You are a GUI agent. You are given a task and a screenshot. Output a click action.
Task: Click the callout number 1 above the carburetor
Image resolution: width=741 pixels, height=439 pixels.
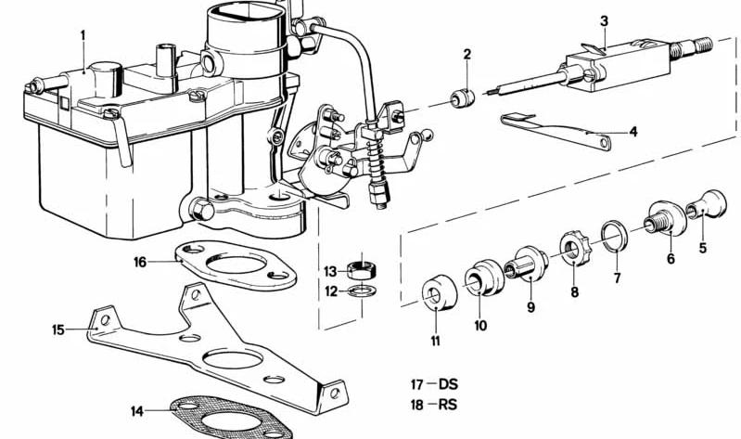[x=83, y=36]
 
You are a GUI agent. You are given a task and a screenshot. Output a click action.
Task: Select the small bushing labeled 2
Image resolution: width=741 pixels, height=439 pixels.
[x=462, y=98]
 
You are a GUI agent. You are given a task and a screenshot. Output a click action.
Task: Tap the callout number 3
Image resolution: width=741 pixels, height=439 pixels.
[x=604, y=21]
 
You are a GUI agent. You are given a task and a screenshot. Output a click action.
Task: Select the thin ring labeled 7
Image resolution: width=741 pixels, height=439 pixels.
[x=614, y=236]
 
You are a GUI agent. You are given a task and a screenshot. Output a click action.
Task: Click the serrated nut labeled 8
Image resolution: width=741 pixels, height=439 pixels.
[x=575, y=248]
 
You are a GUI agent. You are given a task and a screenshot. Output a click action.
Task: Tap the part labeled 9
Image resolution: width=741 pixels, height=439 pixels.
[x=527, y=264]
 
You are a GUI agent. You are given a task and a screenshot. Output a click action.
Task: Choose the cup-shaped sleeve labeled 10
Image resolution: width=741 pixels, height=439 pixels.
[x=483, y=277]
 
